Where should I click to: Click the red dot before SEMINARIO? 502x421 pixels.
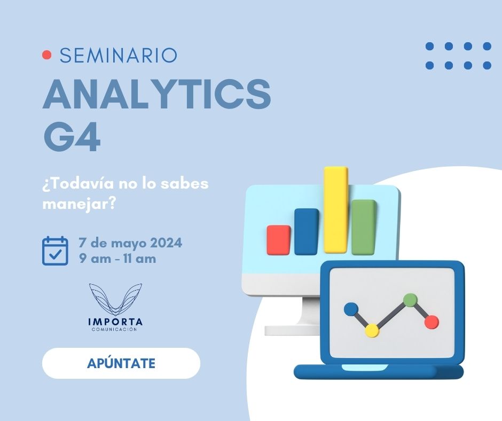tap(47, 55)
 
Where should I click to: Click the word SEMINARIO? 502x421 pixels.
tap(119, 55)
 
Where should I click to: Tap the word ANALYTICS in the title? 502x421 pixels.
tap(157, 94)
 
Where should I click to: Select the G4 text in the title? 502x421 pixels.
tap(72, 138)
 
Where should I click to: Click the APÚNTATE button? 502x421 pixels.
tap(121, 363)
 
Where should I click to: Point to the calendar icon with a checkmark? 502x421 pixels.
tap(55, 251)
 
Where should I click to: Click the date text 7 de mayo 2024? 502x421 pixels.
tap(131, 243)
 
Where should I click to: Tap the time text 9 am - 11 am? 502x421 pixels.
tap(117, 259)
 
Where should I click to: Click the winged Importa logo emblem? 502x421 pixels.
tap(115, 300)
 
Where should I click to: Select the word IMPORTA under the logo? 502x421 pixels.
tap(115, 322)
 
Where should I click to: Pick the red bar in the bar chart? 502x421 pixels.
tap(279, 240)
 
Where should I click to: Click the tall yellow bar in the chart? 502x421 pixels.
tap(335, 210)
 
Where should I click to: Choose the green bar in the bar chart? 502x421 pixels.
tap(364, 228)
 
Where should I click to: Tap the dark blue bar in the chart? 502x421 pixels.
tap(307, 232)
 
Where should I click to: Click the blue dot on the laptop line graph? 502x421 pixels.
tap(351, 309)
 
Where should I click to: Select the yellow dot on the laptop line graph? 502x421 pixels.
tap(372, 330)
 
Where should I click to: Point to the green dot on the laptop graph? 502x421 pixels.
tap(410, 300)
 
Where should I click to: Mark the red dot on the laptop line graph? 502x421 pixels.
tap(432, 322)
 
